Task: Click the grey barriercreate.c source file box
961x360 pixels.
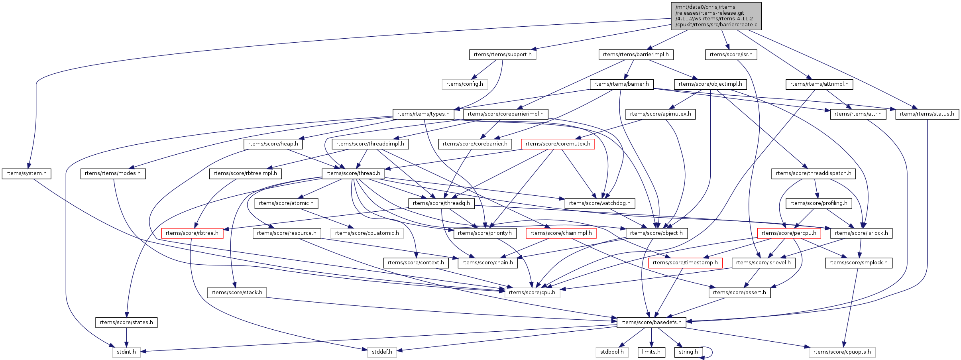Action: click(x=716, y=16)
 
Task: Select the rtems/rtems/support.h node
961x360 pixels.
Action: click(x=502, y=55)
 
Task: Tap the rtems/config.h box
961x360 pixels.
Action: click(x=464, y=84)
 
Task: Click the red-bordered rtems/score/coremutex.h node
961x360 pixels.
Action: click(x=558, y=144)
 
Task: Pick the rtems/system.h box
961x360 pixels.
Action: click(x=26, y=173)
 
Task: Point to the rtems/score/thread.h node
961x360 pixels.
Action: click(x=353, y=173)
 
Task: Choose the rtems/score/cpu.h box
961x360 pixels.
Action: click(x=532, y=293)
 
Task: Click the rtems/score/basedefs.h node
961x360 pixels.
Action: click(x=651, y=323)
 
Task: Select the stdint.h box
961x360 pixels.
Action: click(x=126, y=352)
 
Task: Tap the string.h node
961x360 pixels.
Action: click(x=688, y=352)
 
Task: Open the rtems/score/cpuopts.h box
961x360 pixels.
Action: click(x=842, y=352)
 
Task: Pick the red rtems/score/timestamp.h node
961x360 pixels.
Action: click(x=685, y=263)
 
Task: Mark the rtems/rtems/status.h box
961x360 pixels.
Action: click(x=927, y=114)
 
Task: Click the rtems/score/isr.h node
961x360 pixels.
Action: click(x=731, y=55)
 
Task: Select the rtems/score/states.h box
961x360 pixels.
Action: click(x=126, y=323)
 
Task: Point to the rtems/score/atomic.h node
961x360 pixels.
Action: click(x=286, y=203)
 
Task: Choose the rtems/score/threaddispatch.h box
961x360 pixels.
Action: click(x=813, y=173)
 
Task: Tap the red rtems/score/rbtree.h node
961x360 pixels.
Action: click(x=192, y=233)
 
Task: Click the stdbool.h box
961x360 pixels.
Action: click(x=612, y=352)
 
